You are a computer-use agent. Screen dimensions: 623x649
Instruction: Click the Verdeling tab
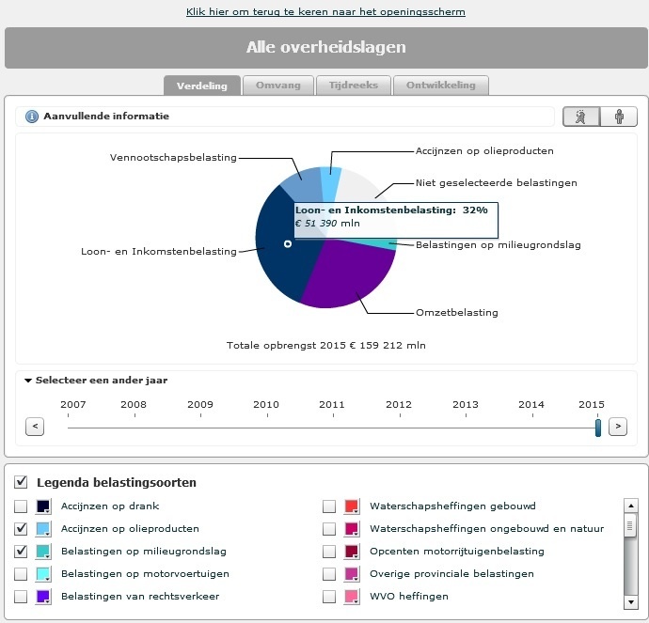tap(202, 86)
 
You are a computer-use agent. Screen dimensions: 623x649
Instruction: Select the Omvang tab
tap(277, 86)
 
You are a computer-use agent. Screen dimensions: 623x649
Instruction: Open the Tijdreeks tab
tap(353, 86)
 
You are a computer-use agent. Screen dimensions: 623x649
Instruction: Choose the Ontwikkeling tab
tap(440, 86)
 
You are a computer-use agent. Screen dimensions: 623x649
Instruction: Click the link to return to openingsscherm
tap(325, 12)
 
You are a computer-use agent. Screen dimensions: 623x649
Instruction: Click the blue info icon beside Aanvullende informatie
tap(31, 117)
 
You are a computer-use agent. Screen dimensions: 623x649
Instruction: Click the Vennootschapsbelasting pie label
tap(173, 157)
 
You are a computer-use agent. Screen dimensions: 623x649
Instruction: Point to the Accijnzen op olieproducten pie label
tap(484, 150)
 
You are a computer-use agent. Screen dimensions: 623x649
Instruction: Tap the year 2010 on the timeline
tap(266, 404)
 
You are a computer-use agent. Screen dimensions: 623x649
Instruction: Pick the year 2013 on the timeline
tap(466, 404)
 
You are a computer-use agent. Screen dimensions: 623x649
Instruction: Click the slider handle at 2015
tap(598, 428)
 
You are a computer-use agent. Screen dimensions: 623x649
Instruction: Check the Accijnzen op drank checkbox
tap(21, 506)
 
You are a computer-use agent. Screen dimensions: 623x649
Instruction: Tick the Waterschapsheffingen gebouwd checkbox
tap(329, 506)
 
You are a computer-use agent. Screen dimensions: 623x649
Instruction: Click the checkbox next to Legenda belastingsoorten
tap(21, 482)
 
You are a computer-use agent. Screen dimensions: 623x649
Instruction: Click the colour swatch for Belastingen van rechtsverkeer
tap(43, 597)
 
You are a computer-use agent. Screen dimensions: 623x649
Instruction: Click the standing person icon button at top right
tap(619, 117)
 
